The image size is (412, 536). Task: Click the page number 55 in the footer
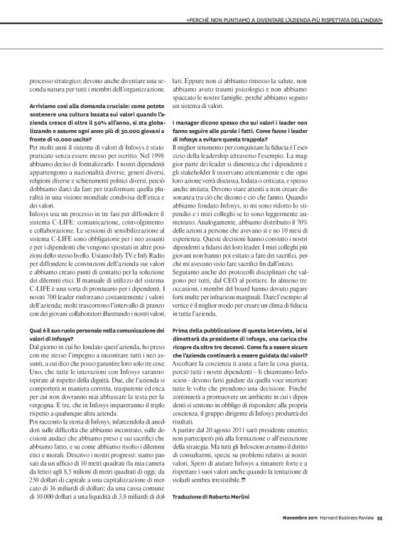[380, 517]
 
